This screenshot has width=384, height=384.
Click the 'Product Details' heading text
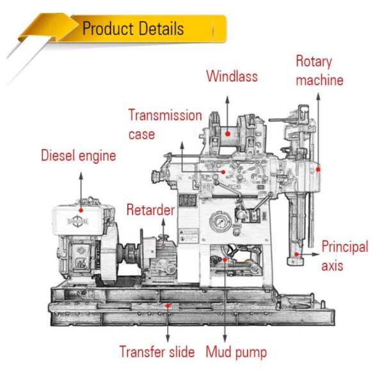(132, 29)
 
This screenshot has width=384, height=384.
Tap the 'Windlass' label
(231, 77)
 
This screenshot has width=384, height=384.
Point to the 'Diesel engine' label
(79, 156)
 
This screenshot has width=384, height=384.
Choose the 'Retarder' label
(151, 209)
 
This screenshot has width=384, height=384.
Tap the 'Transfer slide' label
(157, 351)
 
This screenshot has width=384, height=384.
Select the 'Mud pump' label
(236, 351)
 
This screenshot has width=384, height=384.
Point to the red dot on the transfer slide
(168, 306)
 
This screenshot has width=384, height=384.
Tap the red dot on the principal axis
(297, 254)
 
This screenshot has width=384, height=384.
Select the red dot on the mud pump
(225, 261)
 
